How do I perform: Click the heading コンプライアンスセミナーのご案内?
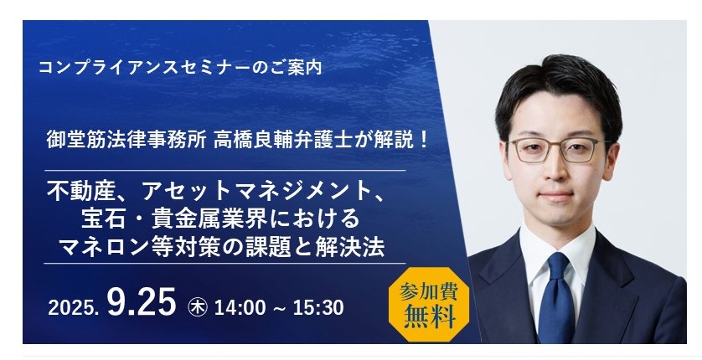(180, 67)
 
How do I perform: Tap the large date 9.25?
(142, 302)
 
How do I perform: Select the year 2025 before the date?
(73, 308)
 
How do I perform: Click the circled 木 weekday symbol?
(198, 307)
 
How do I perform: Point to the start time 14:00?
(240, 308)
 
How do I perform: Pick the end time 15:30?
(318, 308)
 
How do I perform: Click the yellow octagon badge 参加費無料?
(429, 304)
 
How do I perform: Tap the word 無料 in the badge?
(430, 316)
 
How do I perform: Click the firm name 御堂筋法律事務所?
(126, 141)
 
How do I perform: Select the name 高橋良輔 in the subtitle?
(253, 141)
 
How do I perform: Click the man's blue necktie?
(556, 297)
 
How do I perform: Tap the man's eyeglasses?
(558, 150)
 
